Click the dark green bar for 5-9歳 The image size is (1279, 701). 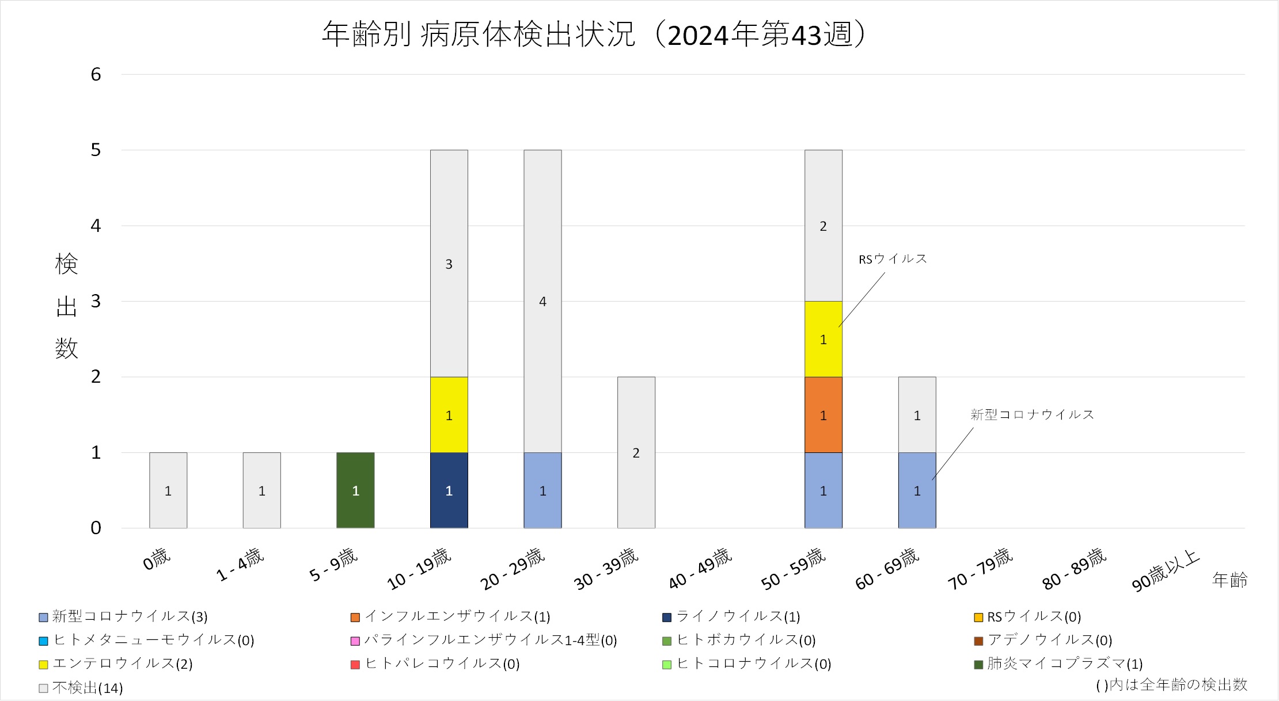[355, 490]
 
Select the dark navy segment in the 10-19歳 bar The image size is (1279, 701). [449, 490]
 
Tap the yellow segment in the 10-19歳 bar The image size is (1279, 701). [449, 415]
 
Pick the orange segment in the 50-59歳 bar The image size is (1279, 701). [823, 415]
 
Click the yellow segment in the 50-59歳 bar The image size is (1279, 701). [823, 340]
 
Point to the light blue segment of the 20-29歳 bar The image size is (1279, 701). [542, 490]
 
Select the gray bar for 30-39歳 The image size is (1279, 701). [636, 453]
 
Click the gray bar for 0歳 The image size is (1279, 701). [168, 490]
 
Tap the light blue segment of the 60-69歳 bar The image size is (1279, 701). [917, 490]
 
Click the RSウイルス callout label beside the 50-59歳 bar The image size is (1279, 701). [893, 259]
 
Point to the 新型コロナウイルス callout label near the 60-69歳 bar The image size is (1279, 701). [1032, 414]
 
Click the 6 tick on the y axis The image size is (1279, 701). [96, 74]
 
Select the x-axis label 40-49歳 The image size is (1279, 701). [700, 569]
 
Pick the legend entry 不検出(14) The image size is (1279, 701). [87, 688]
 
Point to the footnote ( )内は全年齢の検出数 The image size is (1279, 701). [1171, 685]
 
